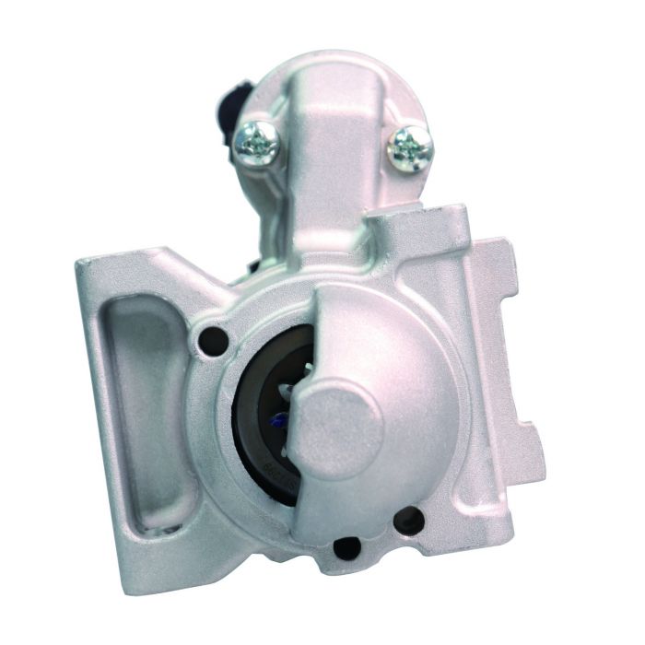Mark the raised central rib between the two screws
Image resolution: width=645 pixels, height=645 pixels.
point(331,147)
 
